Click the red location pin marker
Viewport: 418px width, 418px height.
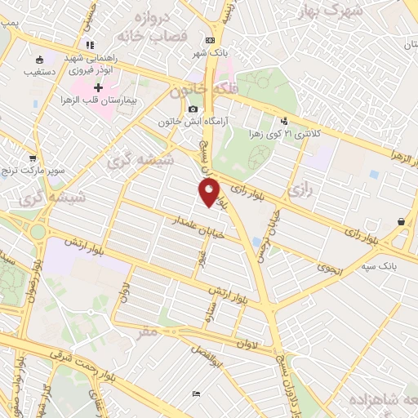(209, 193)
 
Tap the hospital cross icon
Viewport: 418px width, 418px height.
(99, 87)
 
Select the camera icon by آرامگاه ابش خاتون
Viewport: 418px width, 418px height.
(193, 109)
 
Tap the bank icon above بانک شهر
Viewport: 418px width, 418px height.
(211, 40)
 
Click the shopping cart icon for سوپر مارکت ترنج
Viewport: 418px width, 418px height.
(32, 158)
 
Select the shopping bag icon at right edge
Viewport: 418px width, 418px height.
(401, 222)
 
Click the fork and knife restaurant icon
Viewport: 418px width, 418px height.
(90, 45)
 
